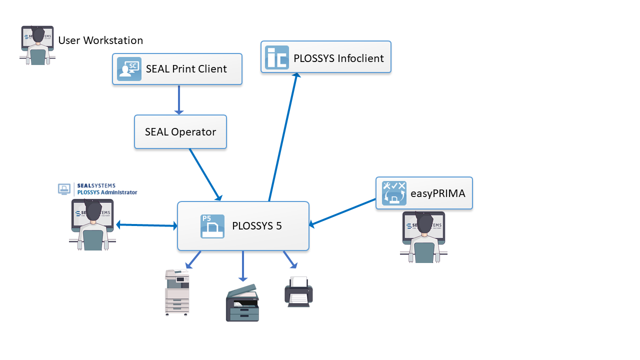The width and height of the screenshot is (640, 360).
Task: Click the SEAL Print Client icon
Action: click(129, 69)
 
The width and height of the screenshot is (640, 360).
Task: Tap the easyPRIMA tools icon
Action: click(394, 193)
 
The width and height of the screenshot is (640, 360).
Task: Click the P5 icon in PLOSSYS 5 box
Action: click(212, 226)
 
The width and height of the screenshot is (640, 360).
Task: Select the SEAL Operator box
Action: click(180, 132)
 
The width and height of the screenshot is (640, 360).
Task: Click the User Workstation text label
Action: click(100, 40)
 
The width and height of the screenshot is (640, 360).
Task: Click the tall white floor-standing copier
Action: click(177, 292)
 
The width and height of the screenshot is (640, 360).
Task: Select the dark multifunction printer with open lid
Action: click(242, 302)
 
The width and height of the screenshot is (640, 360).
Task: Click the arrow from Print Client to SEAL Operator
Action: click(179, 99)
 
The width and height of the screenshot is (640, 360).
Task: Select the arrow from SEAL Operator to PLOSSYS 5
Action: click(205, 174)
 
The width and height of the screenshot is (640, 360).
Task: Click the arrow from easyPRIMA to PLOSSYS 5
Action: click(342, 213)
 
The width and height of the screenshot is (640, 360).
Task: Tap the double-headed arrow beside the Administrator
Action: click(146, 225)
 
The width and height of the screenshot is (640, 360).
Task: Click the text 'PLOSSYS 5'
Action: click(257, 226)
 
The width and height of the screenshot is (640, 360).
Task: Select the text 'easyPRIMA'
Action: click(437, 193)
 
